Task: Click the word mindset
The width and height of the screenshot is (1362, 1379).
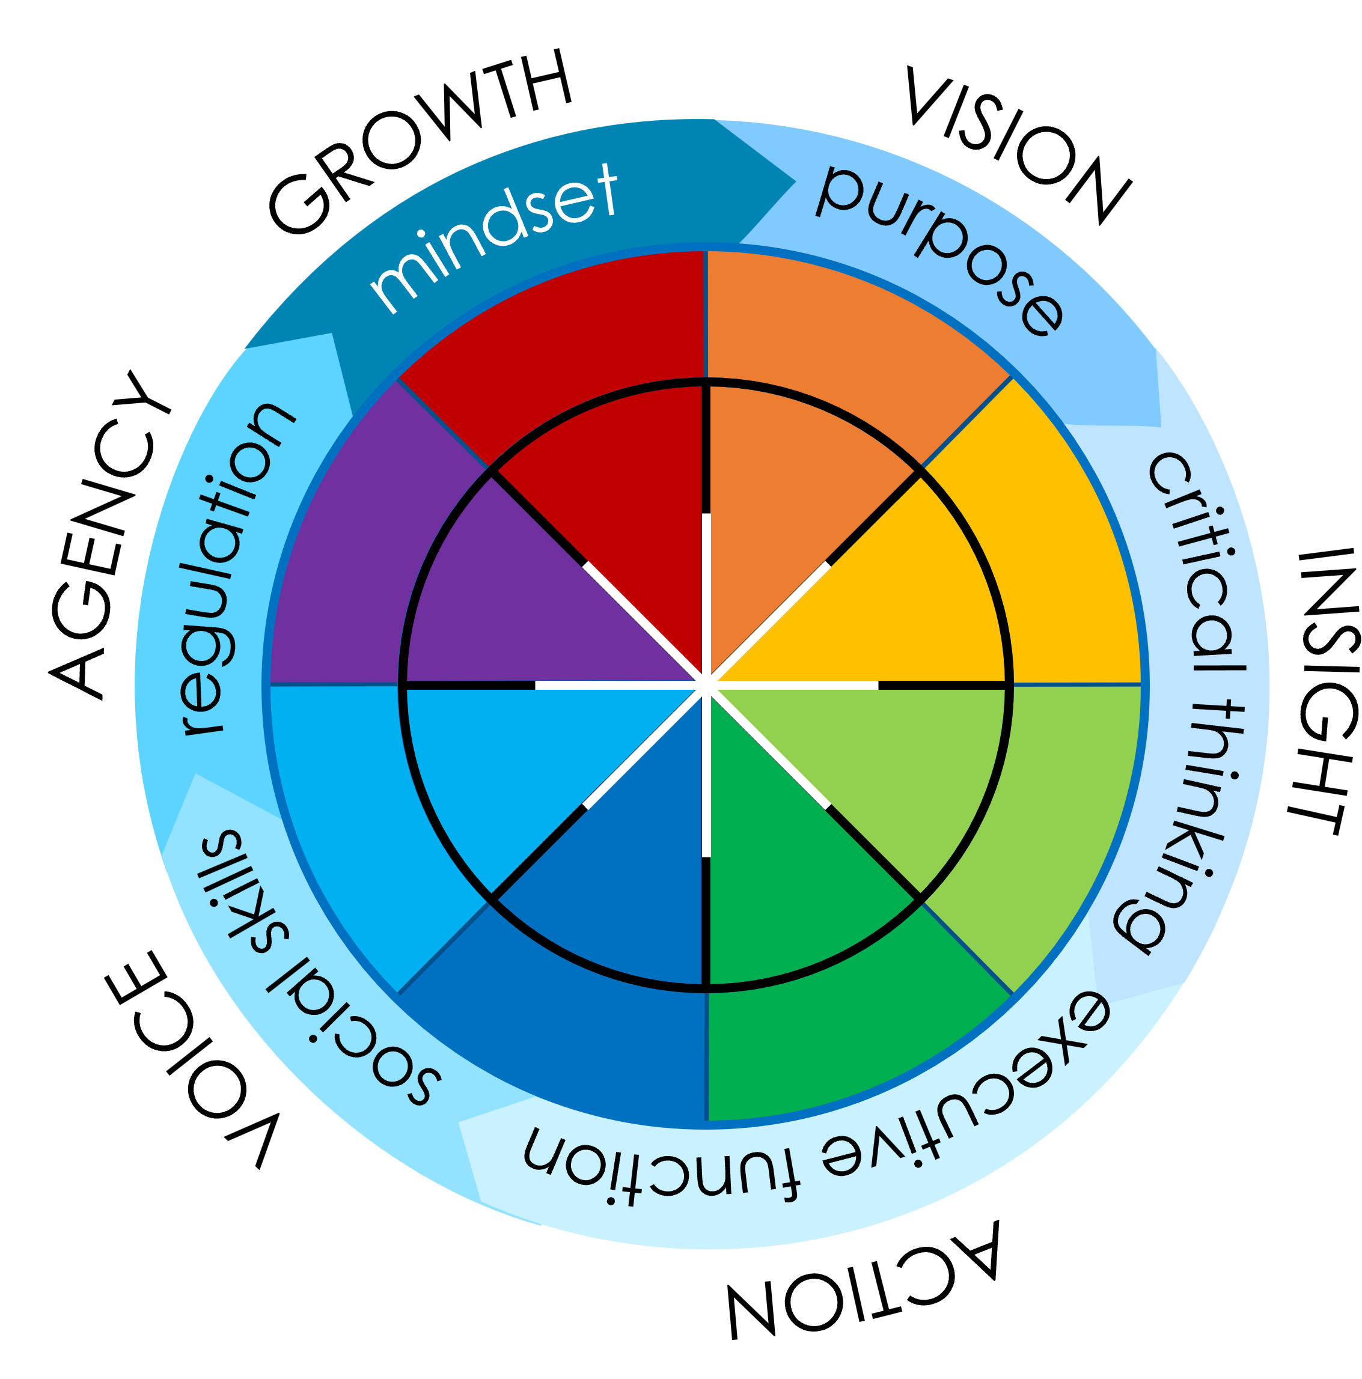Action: click(492, 236)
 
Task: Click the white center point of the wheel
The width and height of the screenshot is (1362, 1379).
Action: click(705, 684)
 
